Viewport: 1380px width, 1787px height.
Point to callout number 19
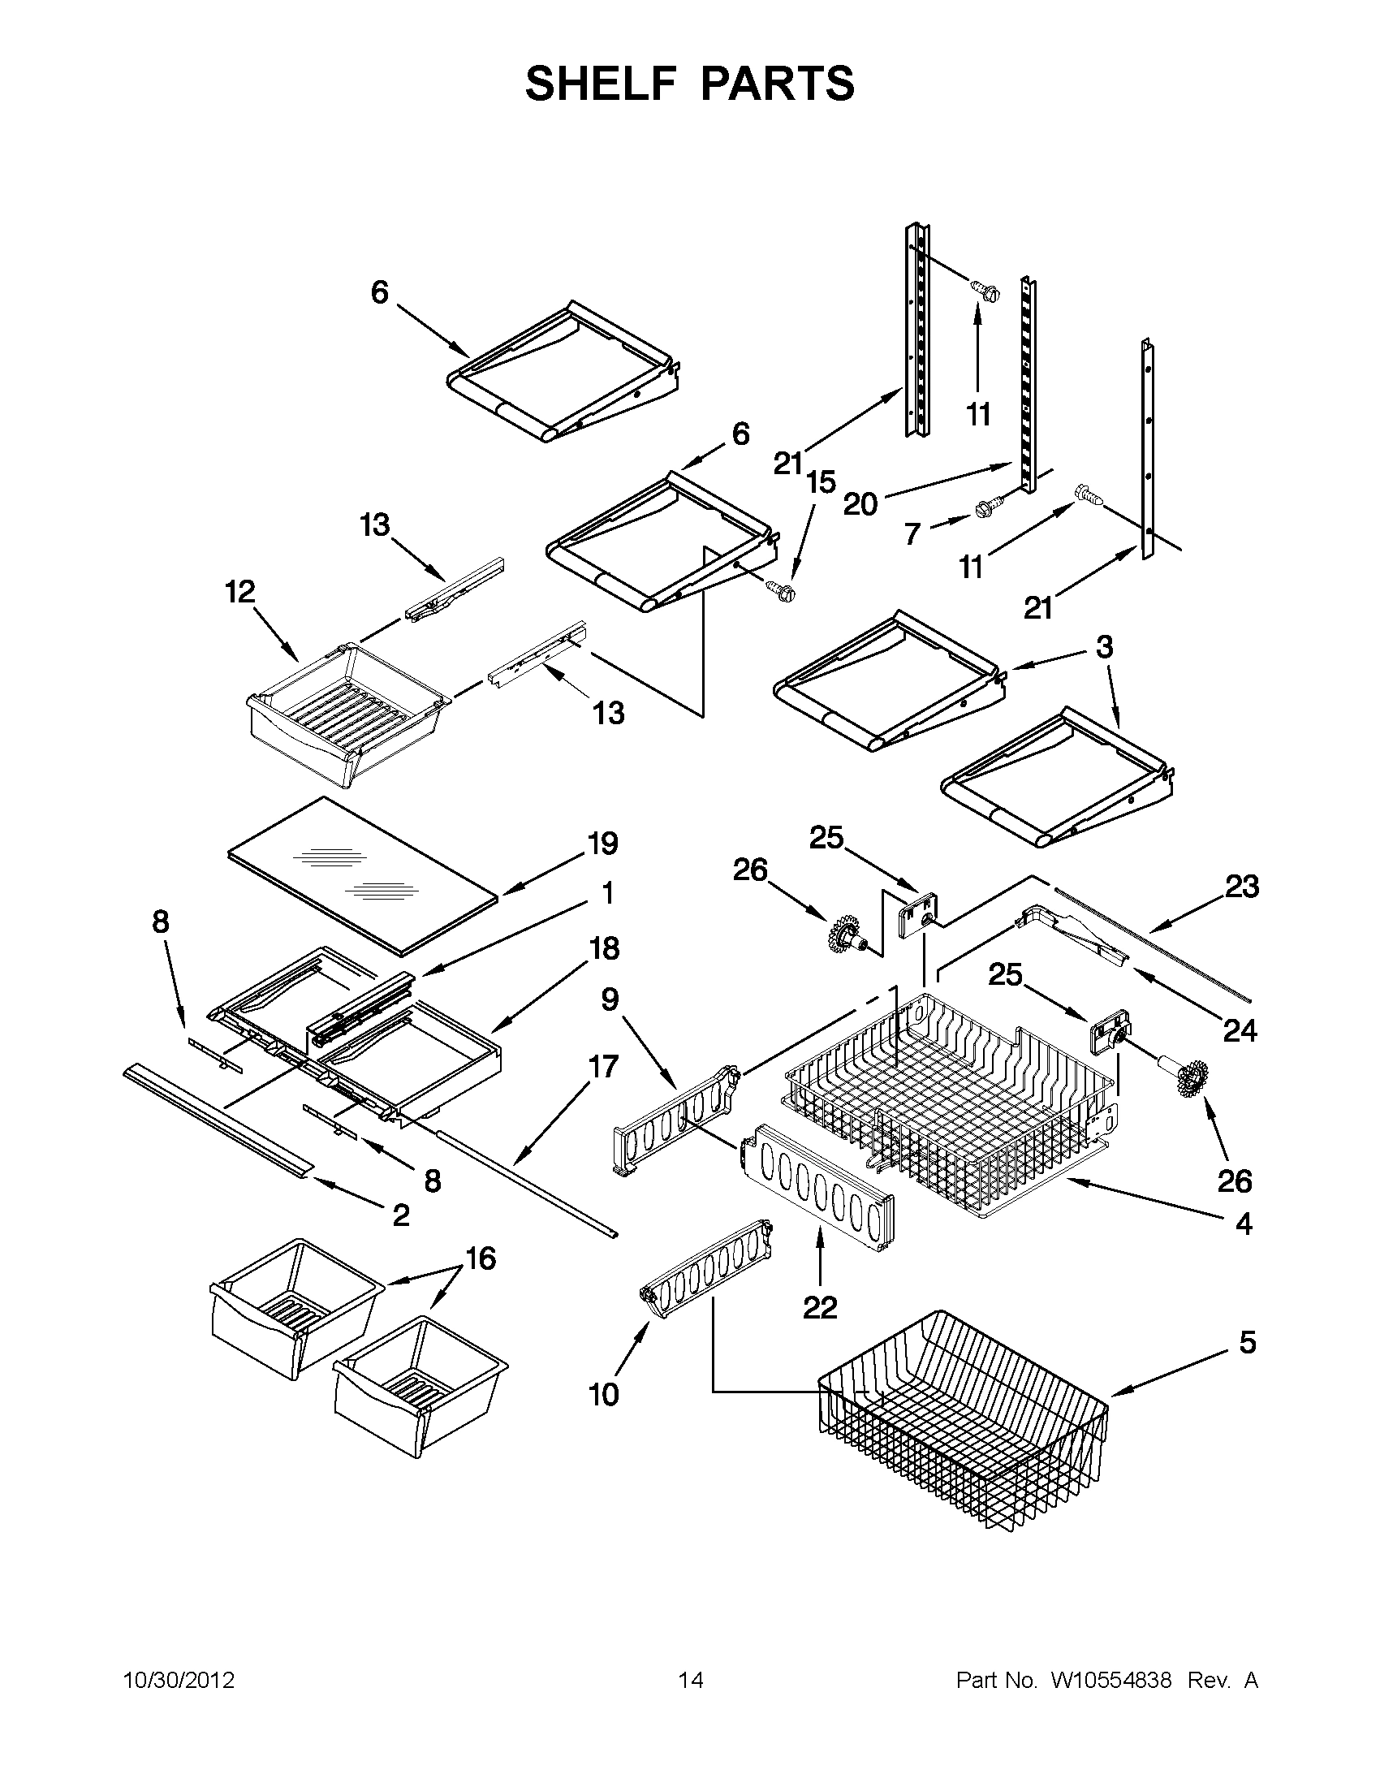pos(603,844)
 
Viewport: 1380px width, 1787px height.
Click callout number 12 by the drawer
pos(239,592)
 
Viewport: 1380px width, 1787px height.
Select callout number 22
pos(820,1307)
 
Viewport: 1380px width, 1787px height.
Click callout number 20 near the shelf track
pos(860,504)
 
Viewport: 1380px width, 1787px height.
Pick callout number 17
pos(603,1067)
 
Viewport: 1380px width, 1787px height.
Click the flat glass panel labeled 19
pos(360,875)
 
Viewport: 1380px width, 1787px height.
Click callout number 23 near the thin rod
pos(1241,887)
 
